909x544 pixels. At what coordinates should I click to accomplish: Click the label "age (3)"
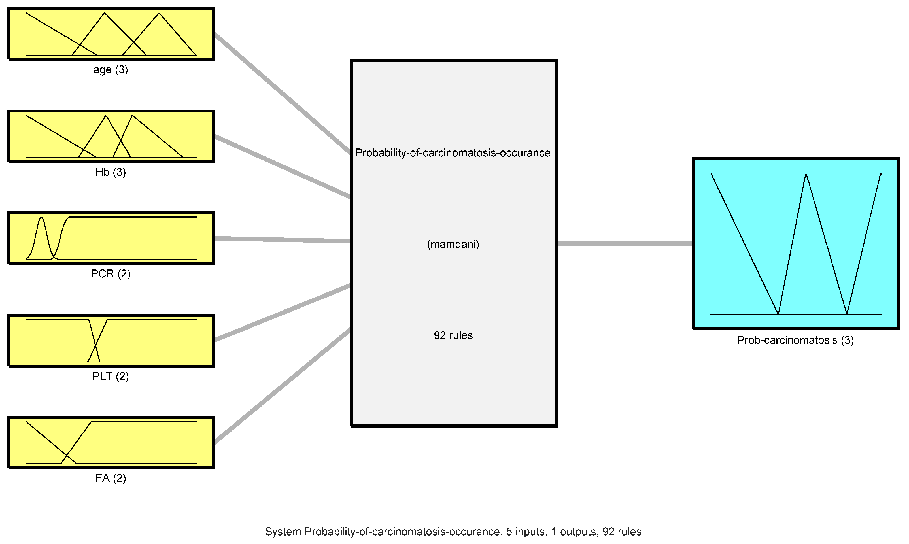coord(111,69)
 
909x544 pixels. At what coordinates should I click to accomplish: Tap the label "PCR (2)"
coord(111,273)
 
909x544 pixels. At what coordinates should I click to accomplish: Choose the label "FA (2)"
coord(111,478)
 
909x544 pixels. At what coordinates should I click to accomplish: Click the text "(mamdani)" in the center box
coord(453,244)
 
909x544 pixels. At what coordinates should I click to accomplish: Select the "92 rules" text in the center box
coord(453,335)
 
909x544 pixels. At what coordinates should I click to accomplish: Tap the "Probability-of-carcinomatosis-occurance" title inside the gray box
coord(453,153)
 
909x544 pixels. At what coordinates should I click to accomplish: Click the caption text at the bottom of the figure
coord(453,532)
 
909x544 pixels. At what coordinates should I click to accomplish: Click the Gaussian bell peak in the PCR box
coord(41,218)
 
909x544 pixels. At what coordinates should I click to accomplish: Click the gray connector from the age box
coord(282,94)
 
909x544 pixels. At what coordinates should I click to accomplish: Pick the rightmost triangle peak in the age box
coord(159,14)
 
